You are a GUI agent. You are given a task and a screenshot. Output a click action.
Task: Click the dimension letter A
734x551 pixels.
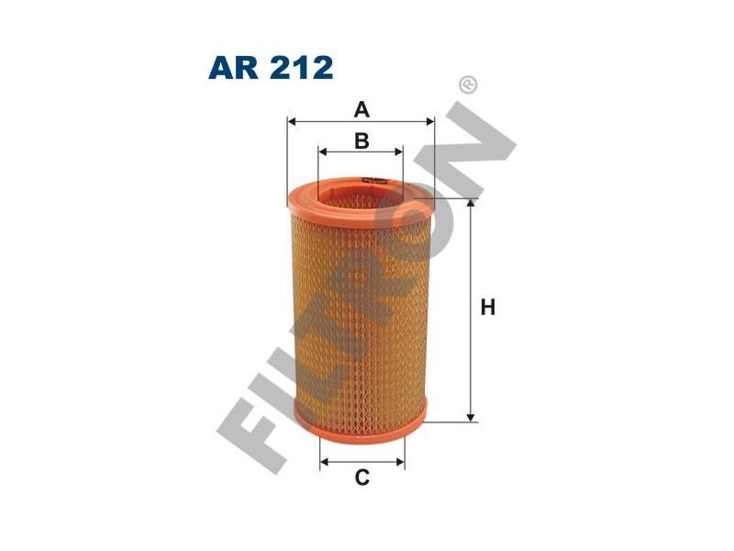pos(361,109)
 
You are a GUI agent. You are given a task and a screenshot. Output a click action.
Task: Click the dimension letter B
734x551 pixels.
pos(361,141)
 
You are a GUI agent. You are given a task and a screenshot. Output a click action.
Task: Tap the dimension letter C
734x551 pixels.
pos(361,478)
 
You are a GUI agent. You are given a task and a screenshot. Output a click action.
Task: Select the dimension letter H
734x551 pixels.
pos(488,308)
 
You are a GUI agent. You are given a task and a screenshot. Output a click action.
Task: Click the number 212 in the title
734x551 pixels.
pos(301,67)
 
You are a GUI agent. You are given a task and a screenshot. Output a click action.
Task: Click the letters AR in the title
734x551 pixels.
pos(233,67)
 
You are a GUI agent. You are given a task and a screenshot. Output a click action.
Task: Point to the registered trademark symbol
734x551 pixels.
pos(468,85)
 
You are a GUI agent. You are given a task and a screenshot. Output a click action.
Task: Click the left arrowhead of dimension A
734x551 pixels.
pos(292,122)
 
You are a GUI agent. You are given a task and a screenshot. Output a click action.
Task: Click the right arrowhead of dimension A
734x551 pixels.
pos(429,122)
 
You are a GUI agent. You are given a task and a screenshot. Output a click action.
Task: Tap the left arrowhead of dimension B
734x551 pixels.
pos(323,152)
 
